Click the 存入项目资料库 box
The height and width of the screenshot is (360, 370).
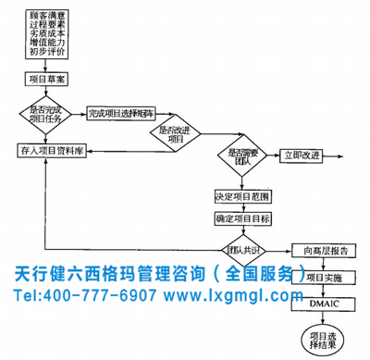point(51,151)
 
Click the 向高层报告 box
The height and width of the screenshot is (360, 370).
point(319,249)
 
